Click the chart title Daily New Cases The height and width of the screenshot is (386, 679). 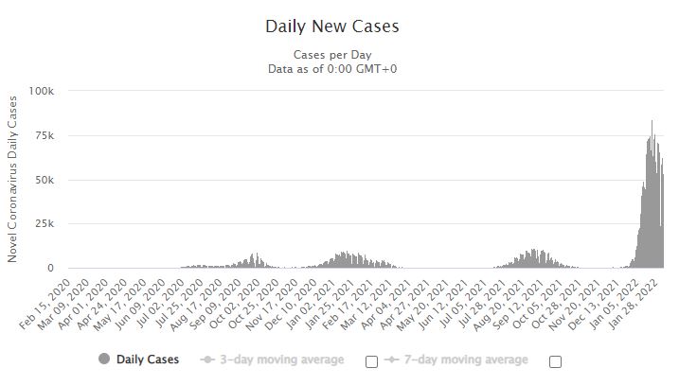coord(332,26)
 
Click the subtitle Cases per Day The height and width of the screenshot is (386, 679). coord(332,54)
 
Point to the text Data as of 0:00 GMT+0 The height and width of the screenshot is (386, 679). coord(332,68)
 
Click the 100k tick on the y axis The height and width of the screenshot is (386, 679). coord(41,92)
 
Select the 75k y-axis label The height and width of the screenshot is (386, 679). coord(44,136)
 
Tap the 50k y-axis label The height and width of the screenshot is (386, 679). coord(44,180)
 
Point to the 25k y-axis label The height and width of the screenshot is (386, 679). coord(44,224)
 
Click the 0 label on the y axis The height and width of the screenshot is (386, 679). coord(51,269)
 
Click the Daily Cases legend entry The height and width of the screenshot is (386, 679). coord(142,360)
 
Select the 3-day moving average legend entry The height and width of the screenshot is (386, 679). coord(280,360)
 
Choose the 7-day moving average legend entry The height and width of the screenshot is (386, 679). coord(464,360)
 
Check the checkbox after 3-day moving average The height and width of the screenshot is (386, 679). coord(371,361)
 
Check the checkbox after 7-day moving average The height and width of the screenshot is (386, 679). coord(555,361)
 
